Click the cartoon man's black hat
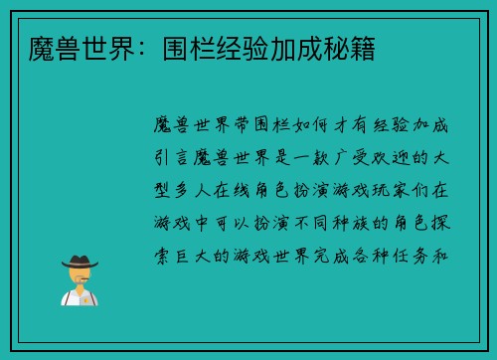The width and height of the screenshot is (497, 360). coord(79,263)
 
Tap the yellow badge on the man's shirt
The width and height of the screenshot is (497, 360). coord(86,299)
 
